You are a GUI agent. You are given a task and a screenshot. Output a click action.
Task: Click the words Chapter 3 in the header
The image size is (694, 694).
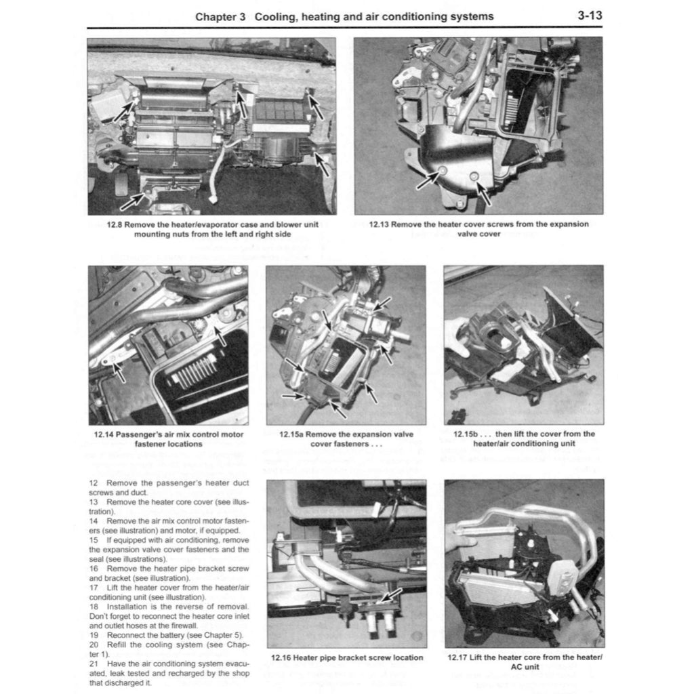coord(220,16)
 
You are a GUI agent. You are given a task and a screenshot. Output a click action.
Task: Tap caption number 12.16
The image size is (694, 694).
coord(283,657)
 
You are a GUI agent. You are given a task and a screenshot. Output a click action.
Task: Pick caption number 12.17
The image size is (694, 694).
coord(459,657)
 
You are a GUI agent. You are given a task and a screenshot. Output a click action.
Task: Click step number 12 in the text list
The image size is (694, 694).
coord(94,483)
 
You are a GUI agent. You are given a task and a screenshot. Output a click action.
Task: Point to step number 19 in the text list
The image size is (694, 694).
coord(94,635)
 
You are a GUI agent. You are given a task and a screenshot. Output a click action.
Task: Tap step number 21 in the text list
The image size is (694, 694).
coord(94,664)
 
